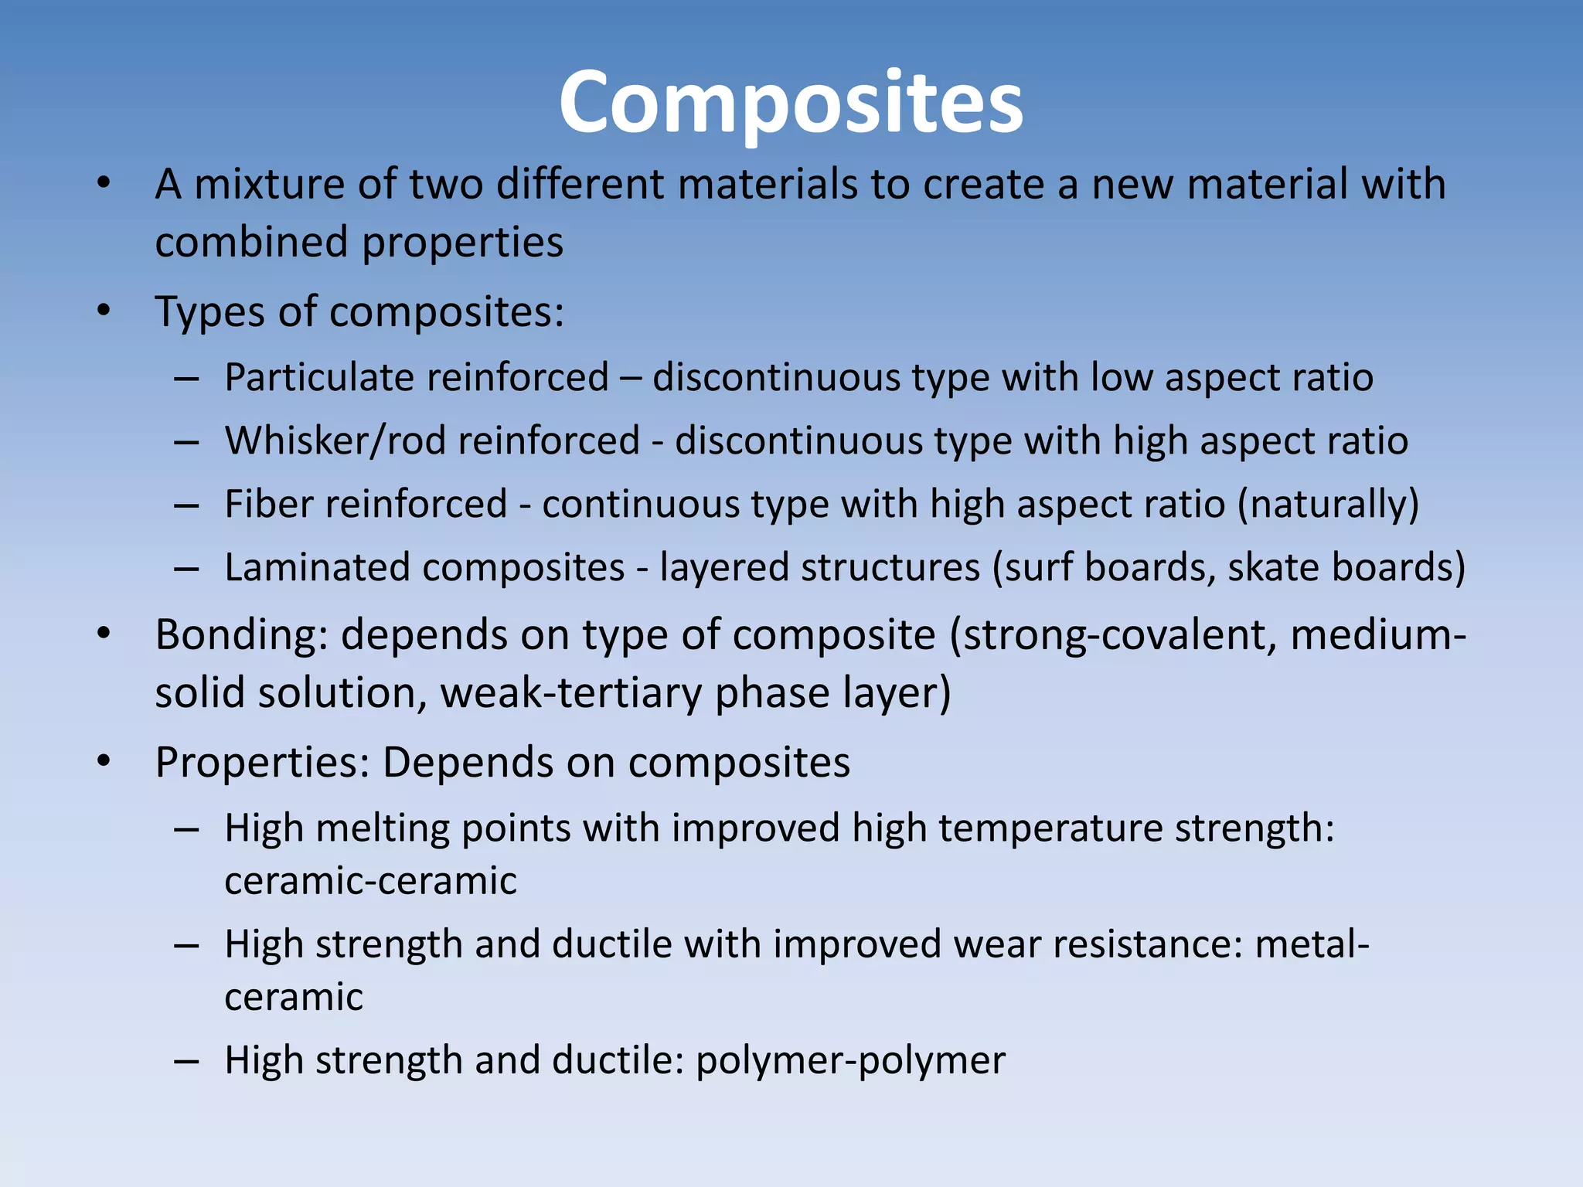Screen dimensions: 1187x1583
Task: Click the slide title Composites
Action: [x=791, y=103]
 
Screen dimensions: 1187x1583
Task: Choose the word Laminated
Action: [x=317, y=568]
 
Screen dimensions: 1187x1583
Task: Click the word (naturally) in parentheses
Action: [x=1328, y=505]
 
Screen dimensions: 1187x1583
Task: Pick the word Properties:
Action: [x=263, y=763]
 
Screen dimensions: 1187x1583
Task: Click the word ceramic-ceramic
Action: [x=370, y=881]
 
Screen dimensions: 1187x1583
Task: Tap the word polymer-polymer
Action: [x=850, y=1060]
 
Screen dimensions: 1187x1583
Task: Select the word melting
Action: [x=383, y=828]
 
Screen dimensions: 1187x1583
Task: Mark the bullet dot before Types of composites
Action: [x=104, y=311]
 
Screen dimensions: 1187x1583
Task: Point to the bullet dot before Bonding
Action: [x=104, y=634]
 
